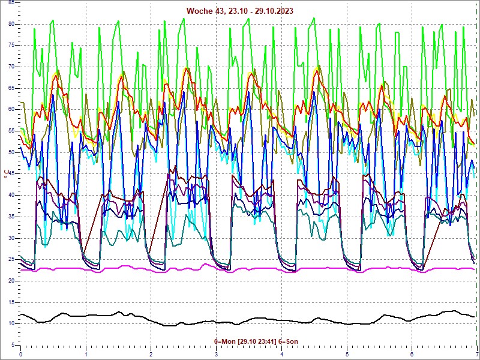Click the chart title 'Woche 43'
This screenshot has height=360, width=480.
pos(204,11)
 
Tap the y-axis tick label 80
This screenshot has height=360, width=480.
pos(11,23)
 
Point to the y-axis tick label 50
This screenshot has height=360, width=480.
pos(11,152)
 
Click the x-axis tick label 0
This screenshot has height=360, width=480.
pos(21,355)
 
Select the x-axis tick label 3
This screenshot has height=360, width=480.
pos(217,355)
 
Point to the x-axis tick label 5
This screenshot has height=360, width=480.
pos(347,355)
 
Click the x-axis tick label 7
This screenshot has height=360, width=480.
pos(477,355)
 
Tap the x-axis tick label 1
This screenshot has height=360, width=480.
pos(86,355)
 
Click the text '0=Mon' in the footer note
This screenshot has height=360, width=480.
pos(225,341)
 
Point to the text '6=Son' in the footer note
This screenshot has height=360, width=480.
pos(288,341)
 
